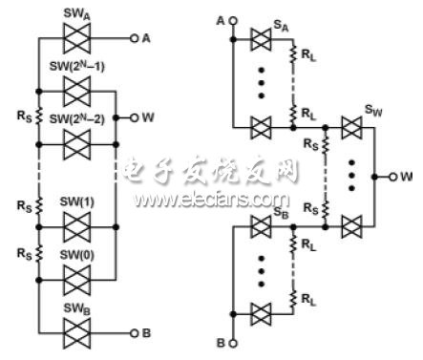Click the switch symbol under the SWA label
pyautogui.click(x=76, y=38)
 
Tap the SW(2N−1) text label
pyautogui.click(x=76, y=67)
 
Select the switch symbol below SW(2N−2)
pyautogui.click(x=76, y=145)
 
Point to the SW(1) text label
pyautogui.click(x=76, y=201)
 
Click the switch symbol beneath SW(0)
pyautogui.click(x=76, y=281)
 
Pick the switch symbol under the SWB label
pyautogui.click(x=76, y=333)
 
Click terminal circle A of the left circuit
pyautogui.click(x=135, y=38)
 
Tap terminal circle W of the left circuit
pyautogui.click(x=135, y=118)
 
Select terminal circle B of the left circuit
pyautogui.click(x=135, y=333)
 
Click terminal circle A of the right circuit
pyautogui.click(x=233, y=21)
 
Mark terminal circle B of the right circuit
pyautogui.click(x=233, y=344)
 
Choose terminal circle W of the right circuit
pyautogui.click(x=393, y=177)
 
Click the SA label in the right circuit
pyautogui.click(x=281, y=26)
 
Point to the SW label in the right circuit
pyautogui.click(x=373, y=111)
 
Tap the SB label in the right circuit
pyautogui.click(x=281, y=213)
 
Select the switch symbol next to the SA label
pyautogui.click(x=261, y=40)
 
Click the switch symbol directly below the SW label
pyautogui.click(x=351, y=128)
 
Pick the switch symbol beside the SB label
pyautogui.click(x=261, y=227)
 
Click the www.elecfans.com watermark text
pyautogui.click(x=212, y=200)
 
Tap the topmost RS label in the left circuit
pyautogui.click(x=24, y=116)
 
